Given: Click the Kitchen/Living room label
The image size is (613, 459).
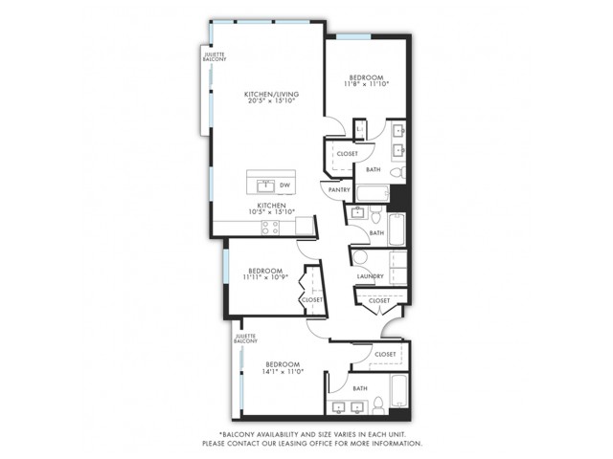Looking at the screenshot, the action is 271,94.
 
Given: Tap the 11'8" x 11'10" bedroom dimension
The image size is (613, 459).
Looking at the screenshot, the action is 366,84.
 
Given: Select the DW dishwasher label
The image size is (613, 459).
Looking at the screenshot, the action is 285,186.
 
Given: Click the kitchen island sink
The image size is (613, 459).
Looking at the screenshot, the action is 266,186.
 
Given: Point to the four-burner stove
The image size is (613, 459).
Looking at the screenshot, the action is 270,228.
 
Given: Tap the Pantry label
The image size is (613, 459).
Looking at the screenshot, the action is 339,190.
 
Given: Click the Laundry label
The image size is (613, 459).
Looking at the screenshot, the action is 371,276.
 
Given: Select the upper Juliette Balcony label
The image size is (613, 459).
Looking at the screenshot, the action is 215,57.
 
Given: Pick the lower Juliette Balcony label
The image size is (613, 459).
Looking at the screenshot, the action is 245,339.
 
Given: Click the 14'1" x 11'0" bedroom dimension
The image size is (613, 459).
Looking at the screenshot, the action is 284,372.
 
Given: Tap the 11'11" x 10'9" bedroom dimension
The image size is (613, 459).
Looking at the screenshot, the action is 265,277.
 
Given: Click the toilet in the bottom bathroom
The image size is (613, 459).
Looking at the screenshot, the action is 378,404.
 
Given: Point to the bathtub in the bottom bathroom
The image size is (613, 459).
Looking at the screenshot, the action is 398,391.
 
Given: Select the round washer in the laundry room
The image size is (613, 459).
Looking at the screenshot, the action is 360,257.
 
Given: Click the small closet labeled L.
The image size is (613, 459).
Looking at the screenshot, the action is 360,129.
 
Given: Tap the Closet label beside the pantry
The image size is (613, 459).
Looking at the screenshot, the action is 347,154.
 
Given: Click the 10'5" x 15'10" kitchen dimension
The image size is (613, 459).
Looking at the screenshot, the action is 272,212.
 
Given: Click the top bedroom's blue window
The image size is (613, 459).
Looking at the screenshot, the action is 353,36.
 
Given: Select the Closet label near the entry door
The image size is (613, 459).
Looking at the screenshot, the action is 379,300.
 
